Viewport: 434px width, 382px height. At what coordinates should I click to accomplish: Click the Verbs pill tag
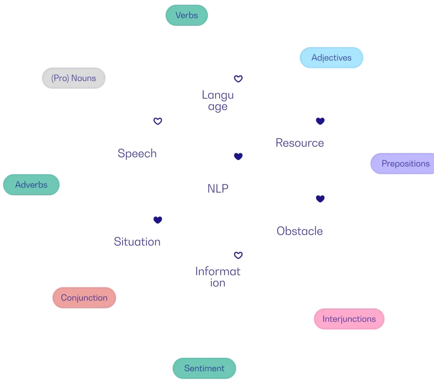pos(186,16)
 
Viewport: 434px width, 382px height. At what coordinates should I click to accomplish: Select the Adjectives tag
pos(331,58)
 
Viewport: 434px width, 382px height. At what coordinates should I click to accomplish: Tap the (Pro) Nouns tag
pos(74,78)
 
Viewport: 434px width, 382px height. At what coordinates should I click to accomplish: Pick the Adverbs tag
pos(31,185)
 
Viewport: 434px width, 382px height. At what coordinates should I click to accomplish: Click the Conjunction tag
pos(84,298)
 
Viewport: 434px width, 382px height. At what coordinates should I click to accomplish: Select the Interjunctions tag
pos(349,319)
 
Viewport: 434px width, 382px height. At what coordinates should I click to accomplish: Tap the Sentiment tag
pos(204,368)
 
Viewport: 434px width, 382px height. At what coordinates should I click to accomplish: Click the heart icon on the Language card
pos(238,79)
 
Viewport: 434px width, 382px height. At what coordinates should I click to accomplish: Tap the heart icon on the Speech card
pos(158,121)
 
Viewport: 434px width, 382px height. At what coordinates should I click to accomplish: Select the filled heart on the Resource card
pos(320,121)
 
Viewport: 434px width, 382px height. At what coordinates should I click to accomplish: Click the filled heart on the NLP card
pos(238,156)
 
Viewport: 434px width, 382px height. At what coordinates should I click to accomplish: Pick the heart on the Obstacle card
pos(320,199)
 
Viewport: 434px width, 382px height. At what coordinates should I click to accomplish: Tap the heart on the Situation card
pos(158,220)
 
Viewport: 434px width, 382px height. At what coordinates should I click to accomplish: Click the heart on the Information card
pos(238,255)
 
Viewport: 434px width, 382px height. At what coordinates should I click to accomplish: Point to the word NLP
pos(218,189)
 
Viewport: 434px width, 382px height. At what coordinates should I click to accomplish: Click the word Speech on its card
pos(137,153)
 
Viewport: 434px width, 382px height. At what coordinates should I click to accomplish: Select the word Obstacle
pos(300,231)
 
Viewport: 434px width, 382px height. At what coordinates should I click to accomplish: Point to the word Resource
pos(300,143)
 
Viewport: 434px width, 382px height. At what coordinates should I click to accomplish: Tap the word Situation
pos(137,242)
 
